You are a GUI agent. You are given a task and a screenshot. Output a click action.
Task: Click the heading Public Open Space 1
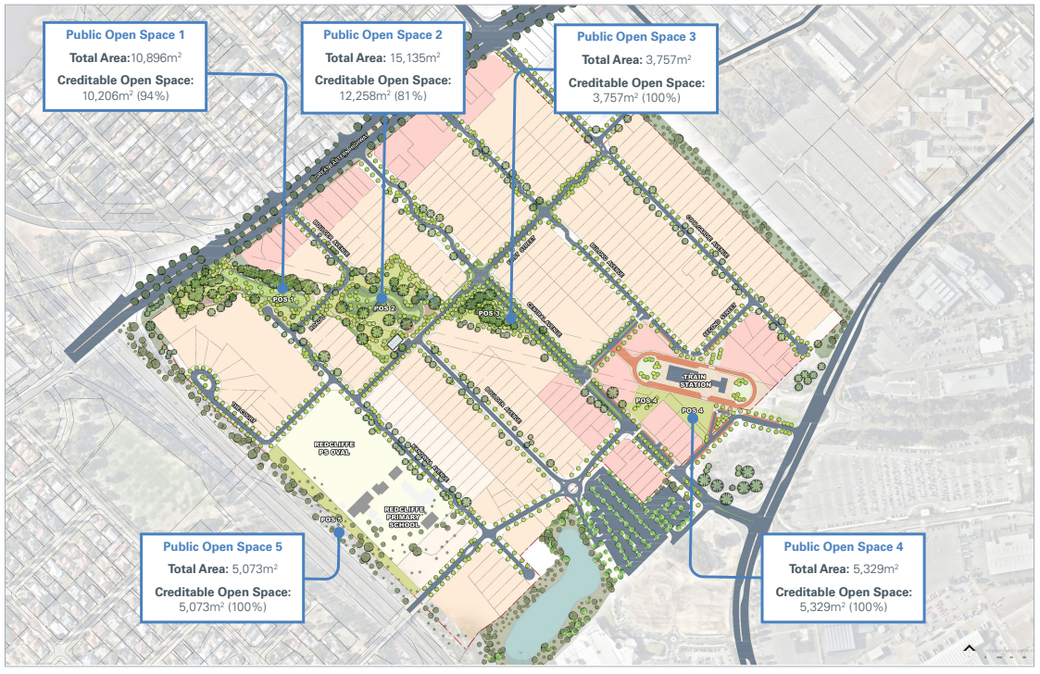[125, 34]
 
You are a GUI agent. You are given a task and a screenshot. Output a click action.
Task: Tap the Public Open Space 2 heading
[382, 34]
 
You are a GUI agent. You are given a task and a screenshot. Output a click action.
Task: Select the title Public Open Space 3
[635, 37]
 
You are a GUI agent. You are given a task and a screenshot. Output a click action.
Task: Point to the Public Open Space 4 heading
[843, 546]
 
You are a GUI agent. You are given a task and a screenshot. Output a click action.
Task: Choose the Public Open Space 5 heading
[222, 547]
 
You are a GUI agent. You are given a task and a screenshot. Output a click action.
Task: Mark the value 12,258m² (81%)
[382, 96]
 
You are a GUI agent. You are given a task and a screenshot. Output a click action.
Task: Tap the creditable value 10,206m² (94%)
[125, 95]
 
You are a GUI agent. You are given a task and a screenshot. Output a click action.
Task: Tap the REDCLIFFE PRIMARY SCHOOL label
[406, 517]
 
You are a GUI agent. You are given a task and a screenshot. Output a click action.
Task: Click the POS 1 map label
[282, 299]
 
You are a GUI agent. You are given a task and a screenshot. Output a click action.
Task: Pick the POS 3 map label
[489, 314]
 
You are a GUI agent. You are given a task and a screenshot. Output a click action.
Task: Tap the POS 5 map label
[332, 519]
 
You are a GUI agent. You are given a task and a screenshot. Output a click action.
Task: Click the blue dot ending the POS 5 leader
[340, 532]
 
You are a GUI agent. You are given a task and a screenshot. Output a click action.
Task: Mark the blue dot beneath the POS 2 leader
[382, 298]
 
